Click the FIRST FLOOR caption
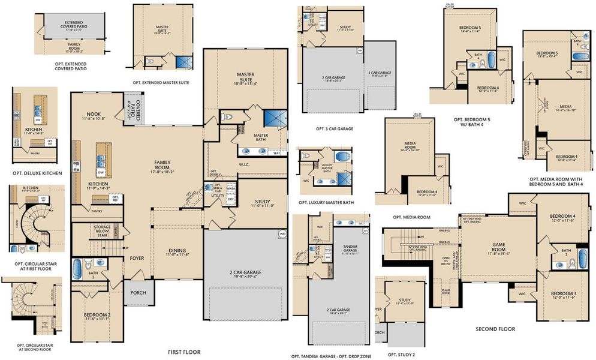click(183, 352)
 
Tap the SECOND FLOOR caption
click(495, 329)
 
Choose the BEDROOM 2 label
click(96, 316)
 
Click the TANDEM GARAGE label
click(350, 249)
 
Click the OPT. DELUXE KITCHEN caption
click(37, 173)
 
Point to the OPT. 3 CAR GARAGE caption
click(334, 128)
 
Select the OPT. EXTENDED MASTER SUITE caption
click(162, 82)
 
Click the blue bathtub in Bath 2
click(77, 266)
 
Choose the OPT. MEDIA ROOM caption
click(411, 217)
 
